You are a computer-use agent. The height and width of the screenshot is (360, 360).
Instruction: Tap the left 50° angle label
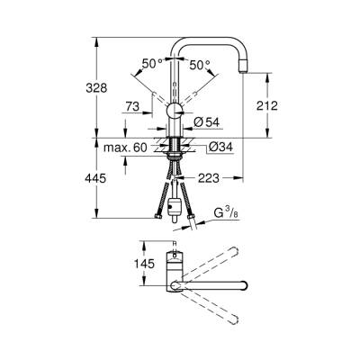[x=152, y=64]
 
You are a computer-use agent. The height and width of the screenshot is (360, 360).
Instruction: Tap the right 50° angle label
[x=200, y=64]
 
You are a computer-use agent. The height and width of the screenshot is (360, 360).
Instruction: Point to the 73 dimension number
[x=131, y=106]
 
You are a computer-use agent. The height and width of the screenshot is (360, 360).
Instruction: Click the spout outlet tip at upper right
[x=244, y=70]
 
